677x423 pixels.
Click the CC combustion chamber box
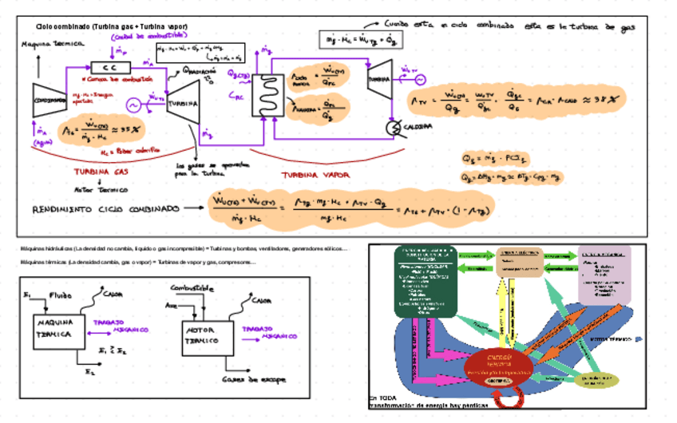tap(105, 67)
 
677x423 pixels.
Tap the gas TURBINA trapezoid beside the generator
tap(183, 103)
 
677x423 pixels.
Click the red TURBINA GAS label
tap(101, 172)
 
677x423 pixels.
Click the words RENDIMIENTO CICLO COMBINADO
tap(105, 209)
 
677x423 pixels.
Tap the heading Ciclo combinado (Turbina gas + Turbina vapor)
tap(111, 26)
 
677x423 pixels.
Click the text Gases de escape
tap(245, 380)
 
